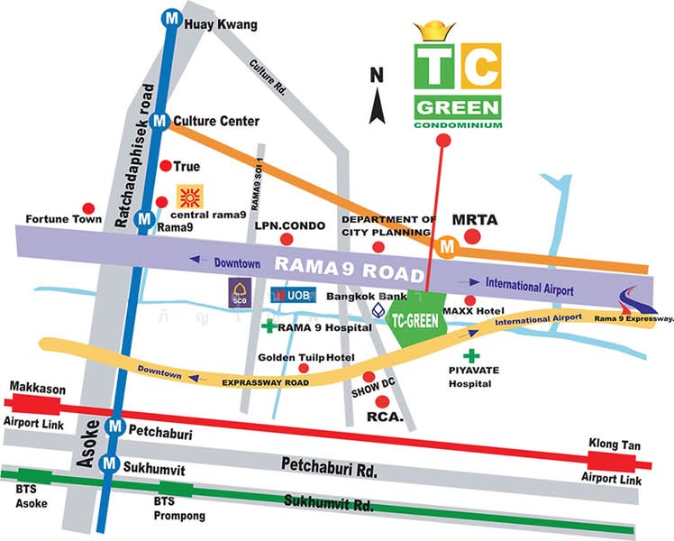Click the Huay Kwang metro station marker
(169, 16)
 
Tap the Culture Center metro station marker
(159, 120)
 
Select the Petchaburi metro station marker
(114, 426)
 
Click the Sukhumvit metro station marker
(108, 463)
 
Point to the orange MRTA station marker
(445, 244)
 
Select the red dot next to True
(165, 166)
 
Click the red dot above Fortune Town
(87, 207)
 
